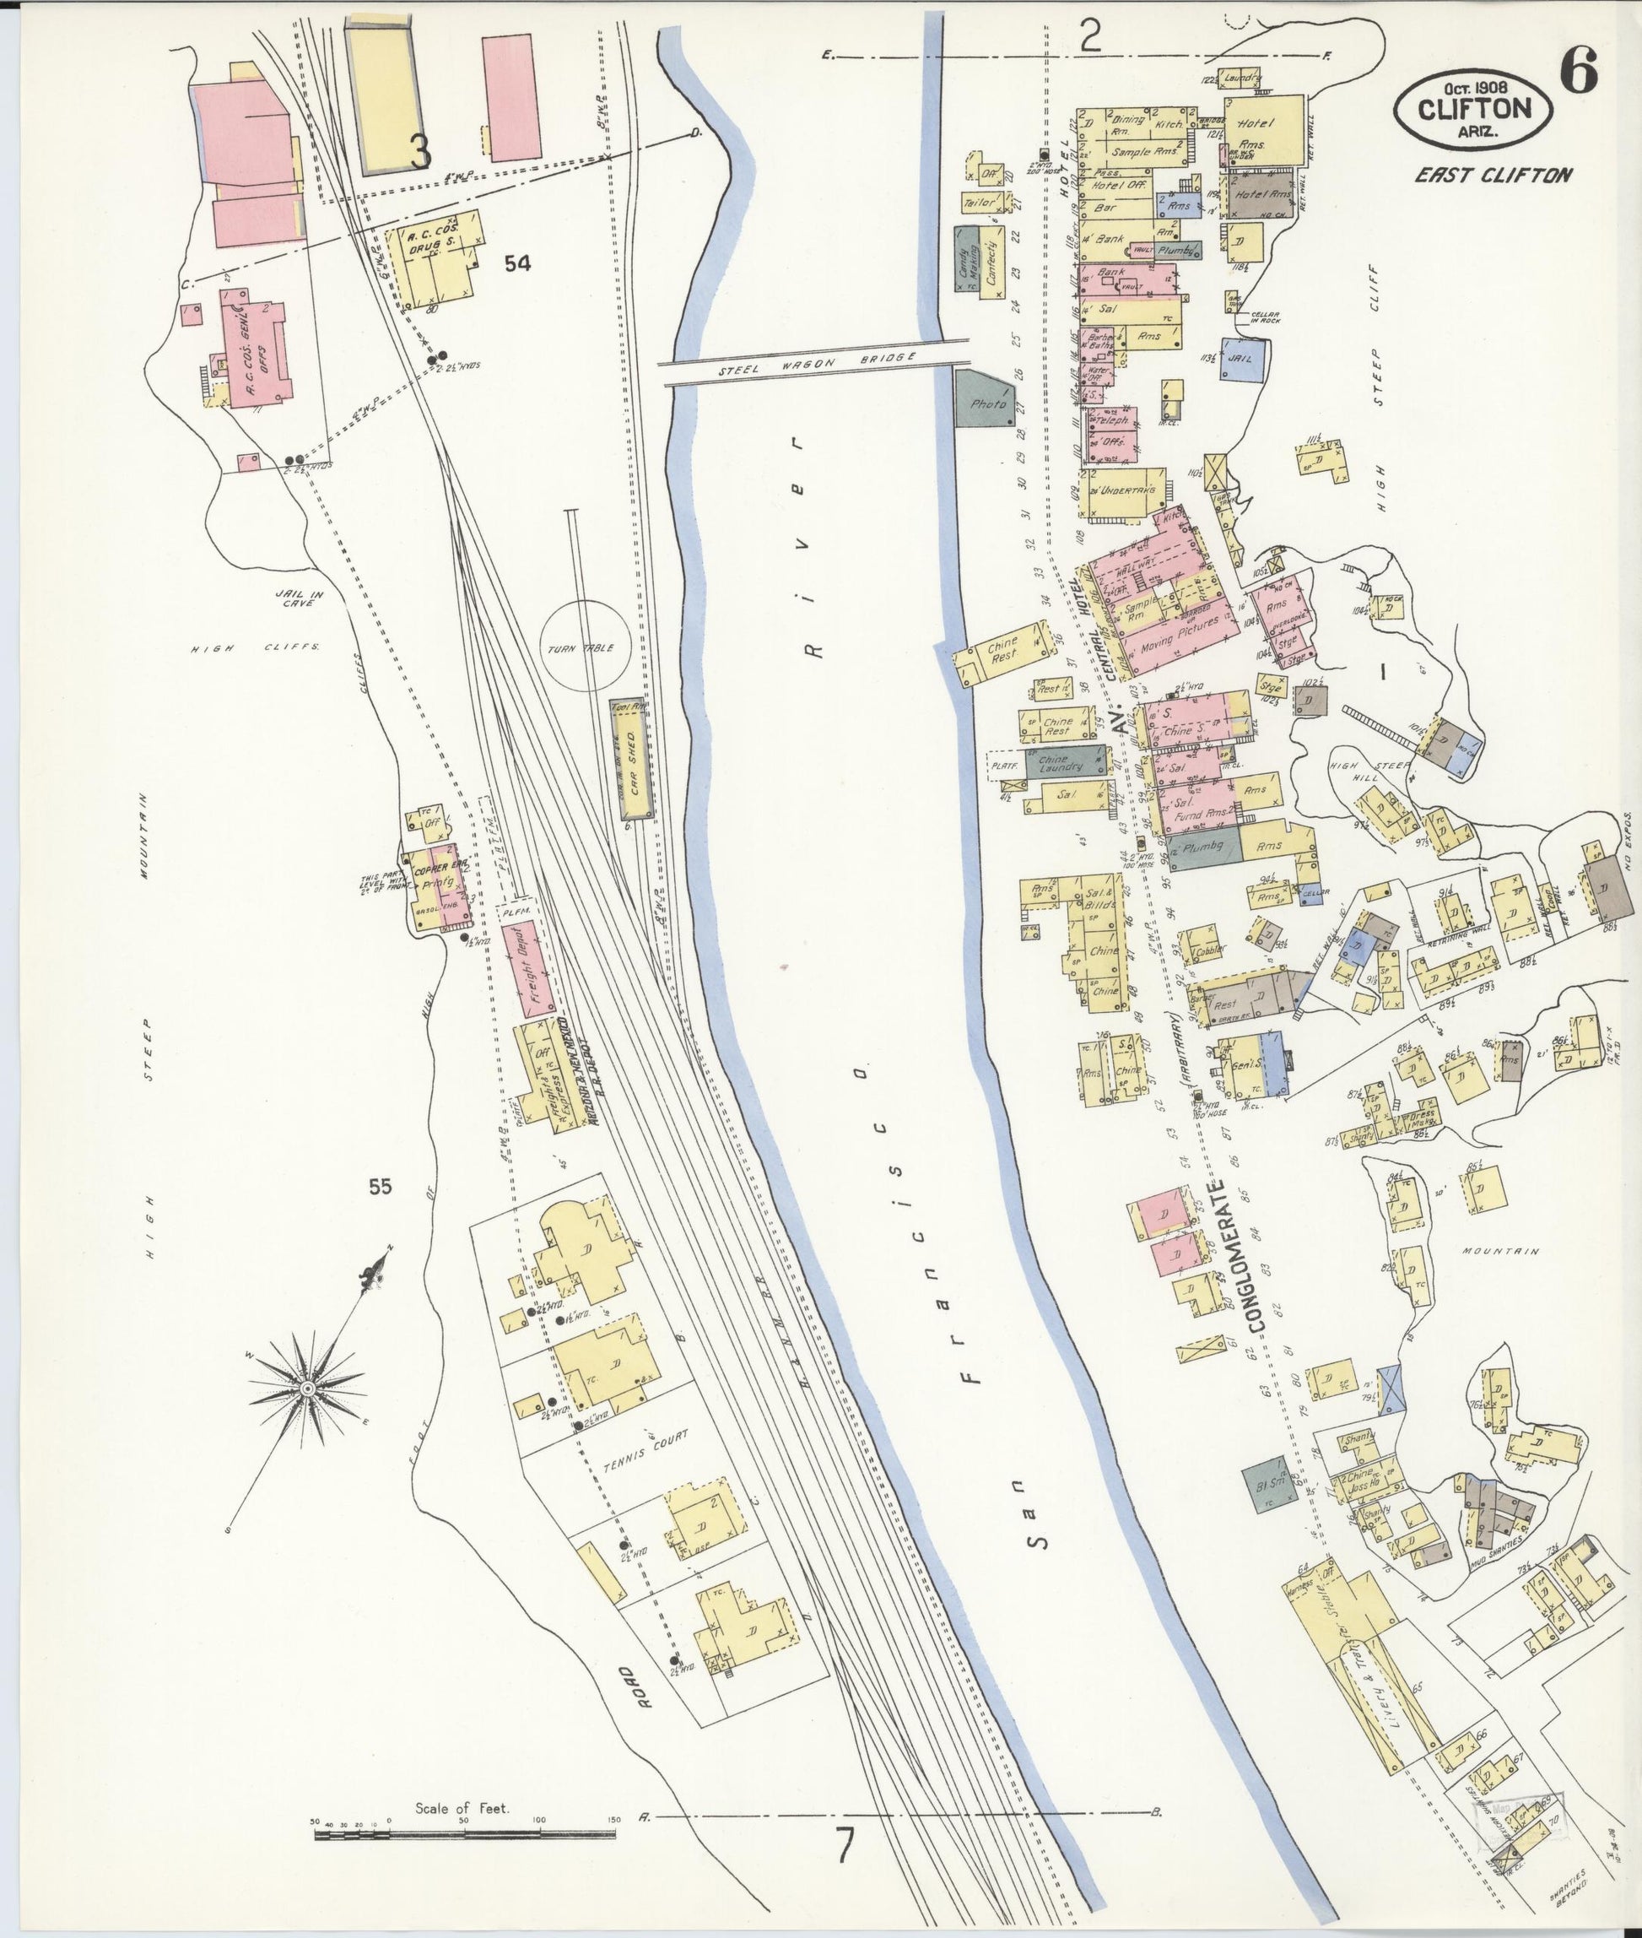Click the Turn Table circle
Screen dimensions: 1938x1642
(x=586, y=644)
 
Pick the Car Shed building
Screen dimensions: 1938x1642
(x=629, y=760)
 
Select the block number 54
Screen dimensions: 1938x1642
(x=517, y=264)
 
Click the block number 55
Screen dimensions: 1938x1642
(x=380, y=1187)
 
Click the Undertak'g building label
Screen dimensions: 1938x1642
(x=1126, y=490)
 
